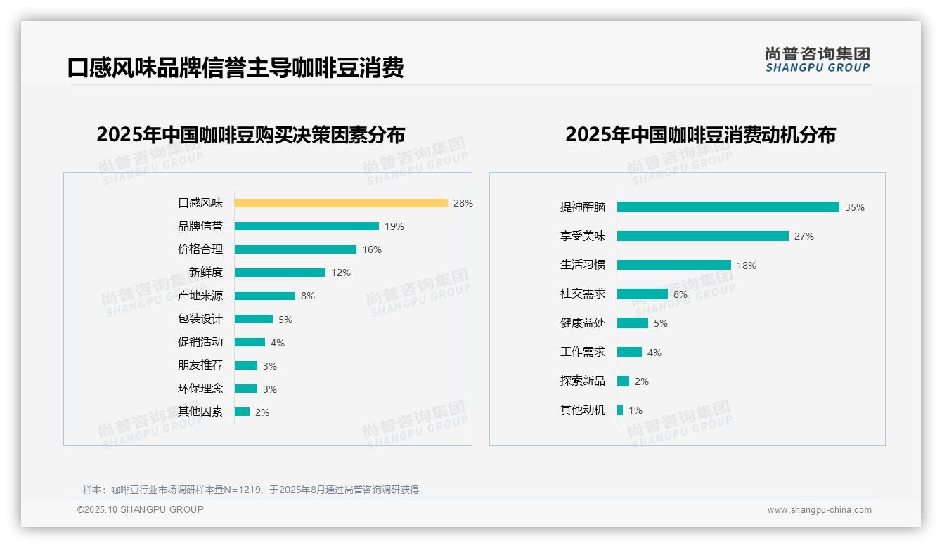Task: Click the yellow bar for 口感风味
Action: [x=341, y=203]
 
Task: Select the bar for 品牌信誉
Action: [x=307, y=226]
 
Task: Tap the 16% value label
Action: [x=372, y=249]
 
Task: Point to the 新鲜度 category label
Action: [x=205, y=273]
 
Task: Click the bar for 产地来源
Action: [x=265, y=296]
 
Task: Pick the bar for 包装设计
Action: [x=254, y=319]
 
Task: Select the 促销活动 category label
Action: [x=200, y=342]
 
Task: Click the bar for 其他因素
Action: [x=242, y=412]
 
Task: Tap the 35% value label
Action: [x=855, y=207]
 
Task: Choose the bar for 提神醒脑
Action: [x=728, y=207]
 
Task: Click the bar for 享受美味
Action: [x=703, y=236]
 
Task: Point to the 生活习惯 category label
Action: [x=582, y=265]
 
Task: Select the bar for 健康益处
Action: [x=633, y=323]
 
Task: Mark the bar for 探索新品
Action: [x=624, y=381]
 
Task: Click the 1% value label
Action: [x=635, y=410]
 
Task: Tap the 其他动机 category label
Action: [x=582, y=410]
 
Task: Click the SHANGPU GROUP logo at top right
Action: [x=818, y=60]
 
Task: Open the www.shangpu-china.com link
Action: [x=819, y=510]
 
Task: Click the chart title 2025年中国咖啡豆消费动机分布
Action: [x=700, y=135]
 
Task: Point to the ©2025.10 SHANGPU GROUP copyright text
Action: [x=141, y=509]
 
